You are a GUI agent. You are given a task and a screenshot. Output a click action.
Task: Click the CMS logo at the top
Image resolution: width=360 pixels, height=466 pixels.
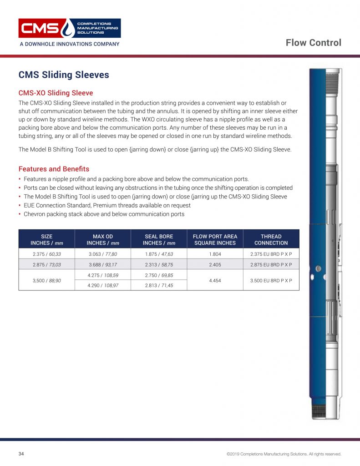click(69, 28)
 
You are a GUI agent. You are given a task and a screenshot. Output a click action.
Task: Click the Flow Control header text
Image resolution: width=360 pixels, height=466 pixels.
click(313, 43)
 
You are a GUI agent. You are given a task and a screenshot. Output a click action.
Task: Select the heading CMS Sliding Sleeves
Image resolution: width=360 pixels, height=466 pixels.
click(64, 75)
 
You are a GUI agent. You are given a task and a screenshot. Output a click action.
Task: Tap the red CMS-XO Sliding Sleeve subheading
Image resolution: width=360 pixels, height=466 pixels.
click(56, 93)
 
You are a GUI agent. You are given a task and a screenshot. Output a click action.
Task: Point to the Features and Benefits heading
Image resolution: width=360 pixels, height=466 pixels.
click(54, 169)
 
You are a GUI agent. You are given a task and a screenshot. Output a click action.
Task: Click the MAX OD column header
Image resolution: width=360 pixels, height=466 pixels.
click(103, 239)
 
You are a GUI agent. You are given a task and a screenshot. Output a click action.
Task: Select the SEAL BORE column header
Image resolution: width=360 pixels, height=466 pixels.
click(159, 239)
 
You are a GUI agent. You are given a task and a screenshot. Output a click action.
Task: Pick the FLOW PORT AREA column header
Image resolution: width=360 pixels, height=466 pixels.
click(215, 239)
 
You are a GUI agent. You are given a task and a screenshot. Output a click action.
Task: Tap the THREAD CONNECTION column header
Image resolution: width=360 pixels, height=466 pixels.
click(271, 239)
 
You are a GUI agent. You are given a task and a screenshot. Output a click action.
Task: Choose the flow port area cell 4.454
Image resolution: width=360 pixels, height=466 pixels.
click(215, 280)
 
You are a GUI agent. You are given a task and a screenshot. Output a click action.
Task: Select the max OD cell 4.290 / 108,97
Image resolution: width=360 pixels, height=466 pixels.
click(103, 285)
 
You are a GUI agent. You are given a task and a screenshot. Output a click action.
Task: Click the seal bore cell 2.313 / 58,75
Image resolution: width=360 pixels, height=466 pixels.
click(159, 264)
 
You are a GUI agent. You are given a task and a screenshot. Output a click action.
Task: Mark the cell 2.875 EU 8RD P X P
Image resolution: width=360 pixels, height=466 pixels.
click(271, 264)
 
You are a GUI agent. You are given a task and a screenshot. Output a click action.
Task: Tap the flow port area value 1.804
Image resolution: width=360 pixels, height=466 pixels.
click(215, 254)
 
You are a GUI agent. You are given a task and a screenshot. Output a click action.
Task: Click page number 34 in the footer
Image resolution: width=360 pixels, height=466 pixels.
click(21, 454)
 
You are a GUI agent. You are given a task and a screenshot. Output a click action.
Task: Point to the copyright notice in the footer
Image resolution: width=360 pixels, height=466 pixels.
click(284, 454)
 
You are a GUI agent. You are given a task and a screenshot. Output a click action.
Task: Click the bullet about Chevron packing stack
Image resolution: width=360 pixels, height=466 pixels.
click(104, 214)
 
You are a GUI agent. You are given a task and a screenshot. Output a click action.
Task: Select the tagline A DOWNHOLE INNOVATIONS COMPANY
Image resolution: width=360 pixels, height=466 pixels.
click(69, 44)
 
